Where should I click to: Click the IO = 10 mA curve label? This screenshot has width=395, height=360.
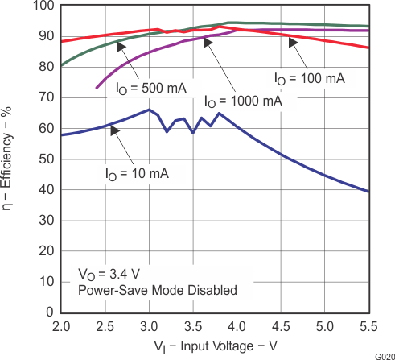point(136,172)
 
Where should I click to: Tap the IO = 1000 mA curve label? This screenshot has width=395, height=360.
point(243,101)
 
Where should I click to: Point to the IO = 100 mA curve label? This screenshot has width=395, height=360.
point(309,78)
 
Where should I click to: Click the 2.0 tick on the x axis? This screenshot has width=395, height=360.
point(61,326)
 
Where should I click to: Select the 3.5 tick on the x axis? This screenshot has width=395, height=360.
point(193,326)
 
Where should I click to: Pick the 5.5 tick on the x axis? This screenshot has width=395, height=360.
point(368,326)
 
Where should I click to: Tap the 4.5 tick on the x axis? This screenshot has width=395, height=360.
point(281,326)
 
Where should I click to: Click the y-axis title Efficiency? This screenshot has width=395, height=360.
point(14,159)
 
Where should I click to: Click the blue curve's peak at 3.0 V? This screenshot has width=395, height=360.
point(149,110)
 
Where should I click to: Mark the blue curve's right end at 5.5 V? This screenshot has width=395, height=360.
point(368,192)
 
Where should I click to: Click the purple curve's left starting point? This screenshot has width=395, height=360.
point(97,88)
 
